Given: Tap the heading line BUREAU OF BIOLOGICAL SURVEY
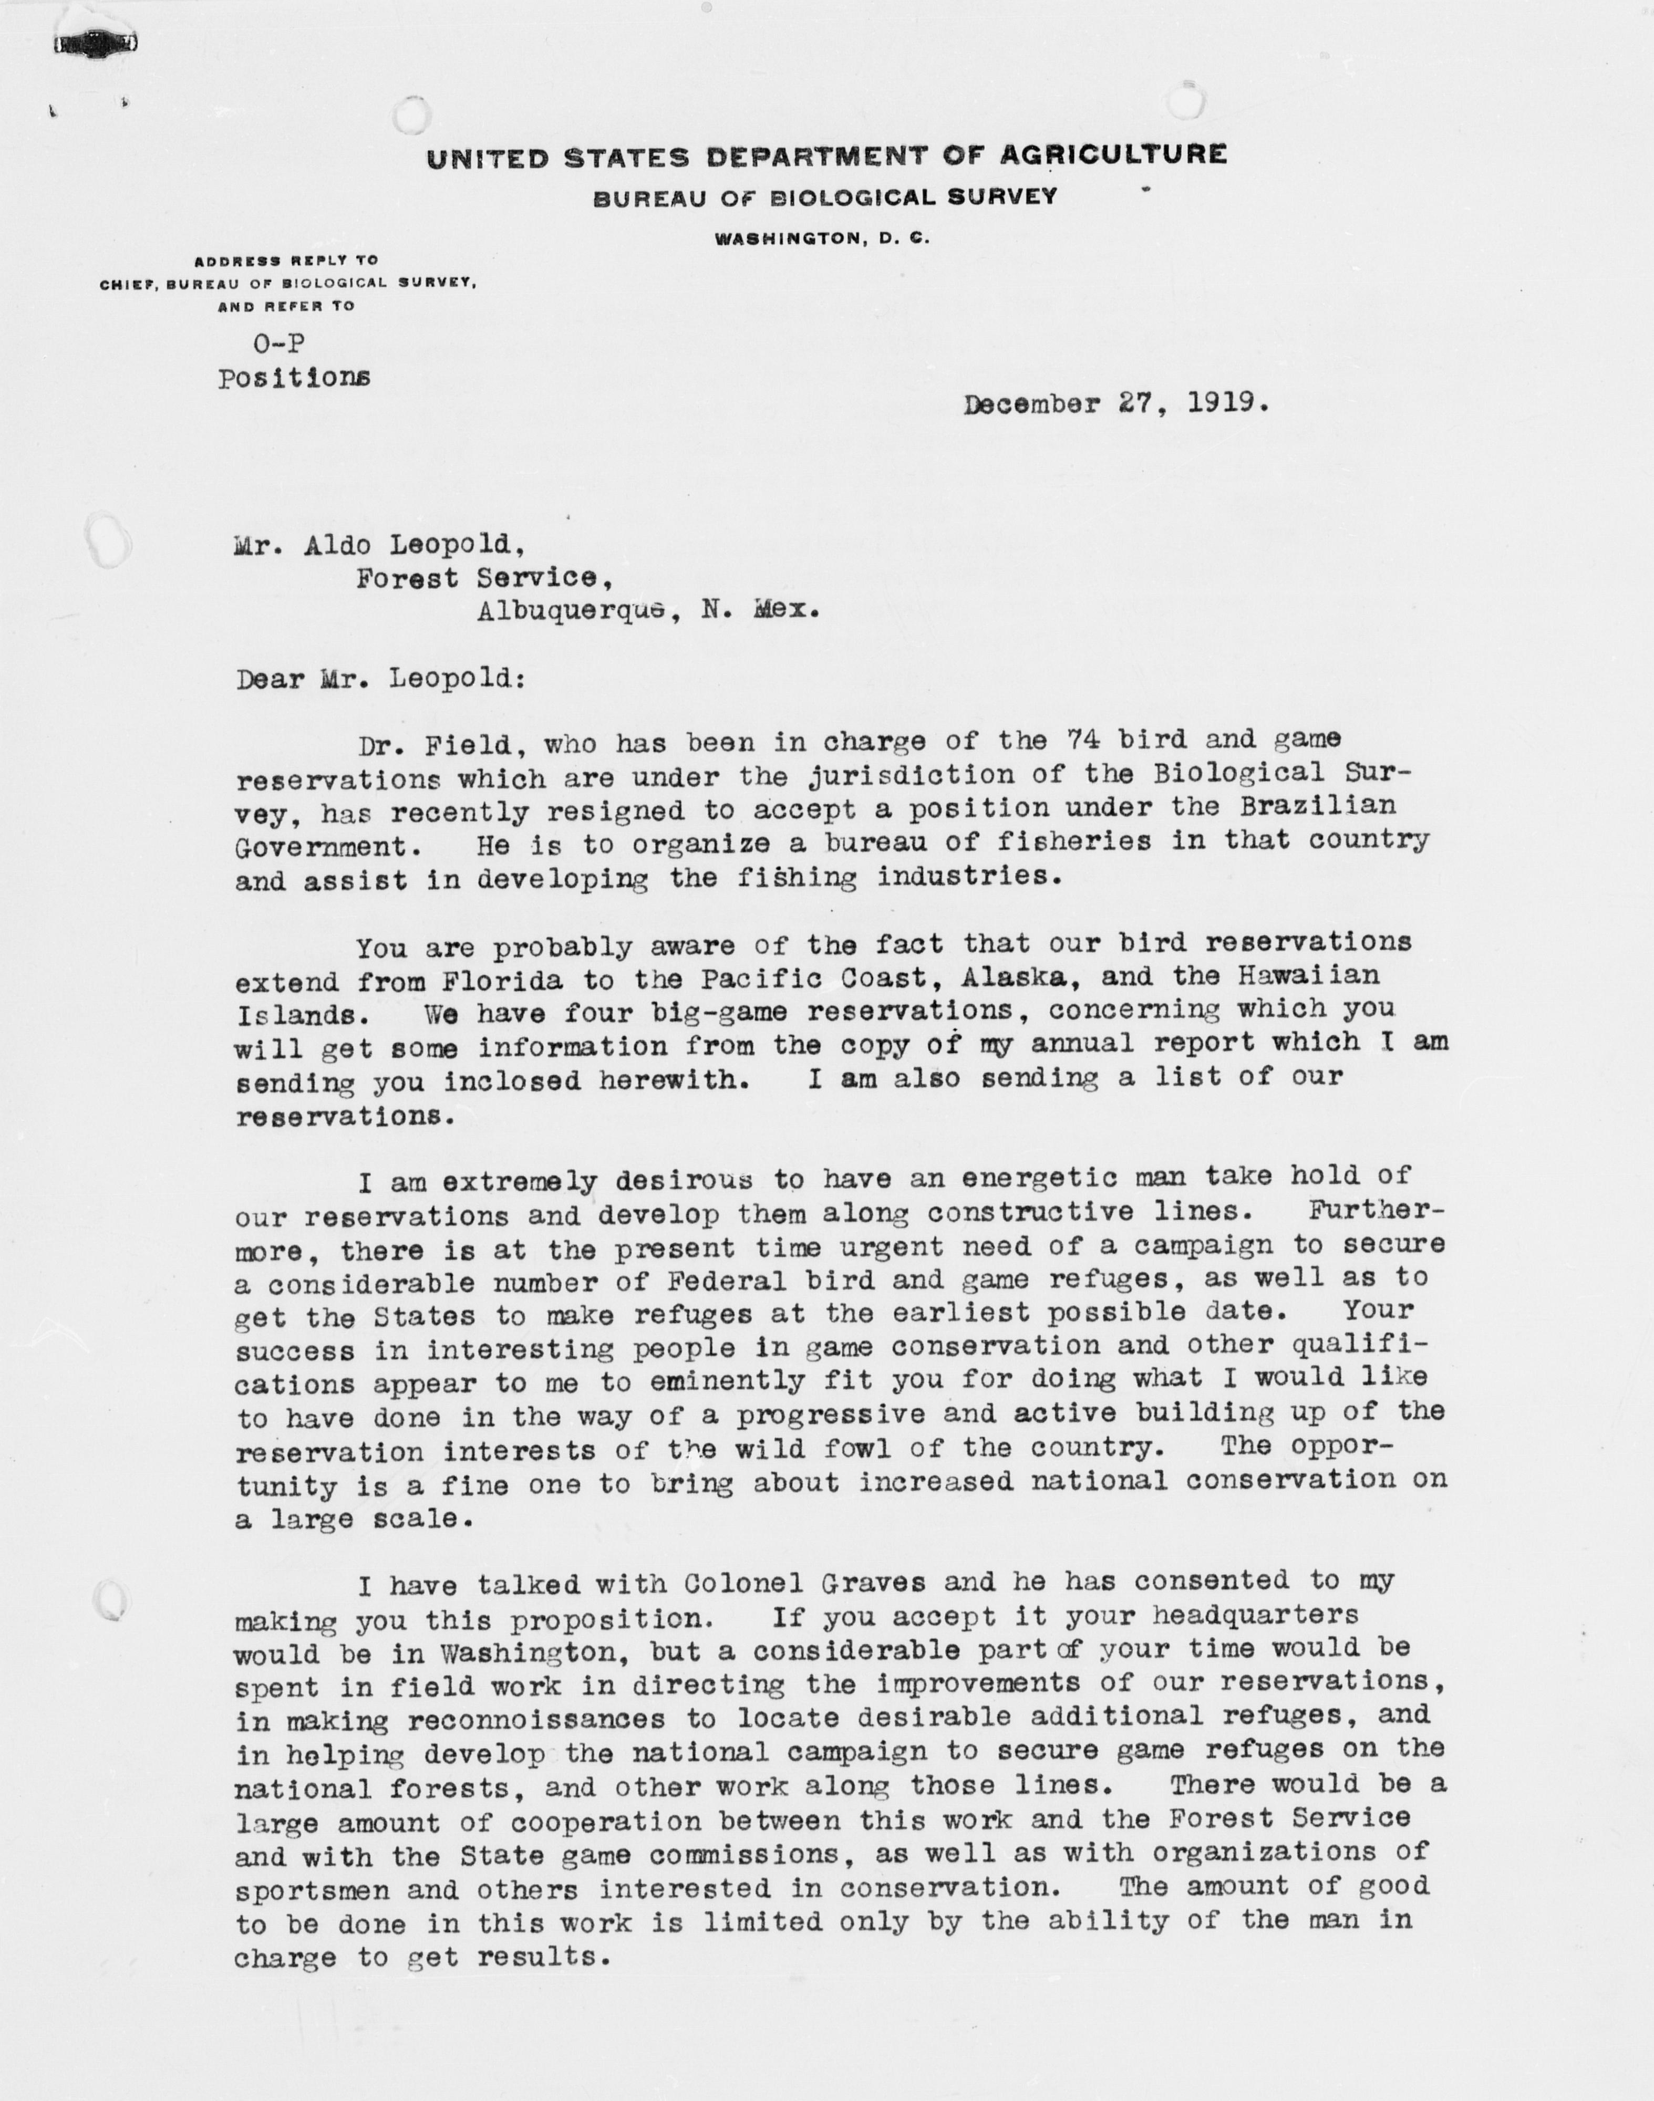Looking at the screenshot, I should (x=825, y=197).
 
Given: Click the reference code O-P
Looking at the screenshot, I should (x=279, y=343).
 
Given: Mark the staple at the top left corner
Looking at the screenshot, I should (x=95, y=44).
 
